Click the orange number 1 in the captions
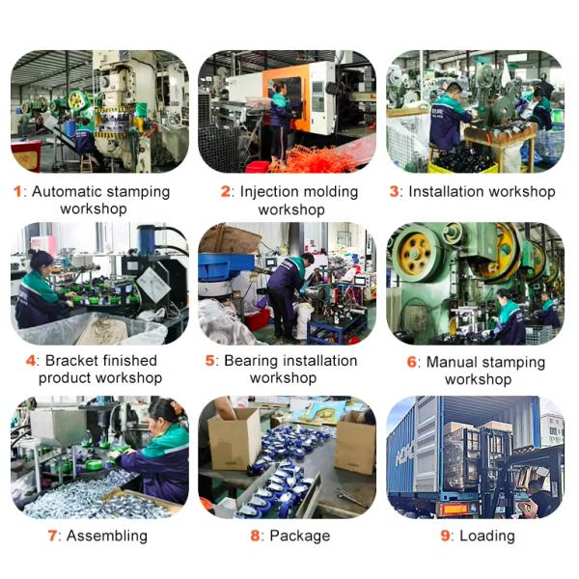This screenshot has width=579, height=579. (17, 191)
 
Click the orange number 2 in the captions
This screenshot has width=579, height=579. (226, 191)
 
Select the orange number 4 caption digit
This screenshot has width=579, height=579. (31, 360)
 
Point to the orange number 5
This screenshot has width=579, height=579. (211, 360)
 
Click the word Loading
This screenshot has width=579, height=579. (487, 536)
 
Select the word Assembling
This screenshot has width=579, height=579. (107, 536)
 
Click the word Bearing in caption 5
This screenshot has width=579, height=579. (254, 360)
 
